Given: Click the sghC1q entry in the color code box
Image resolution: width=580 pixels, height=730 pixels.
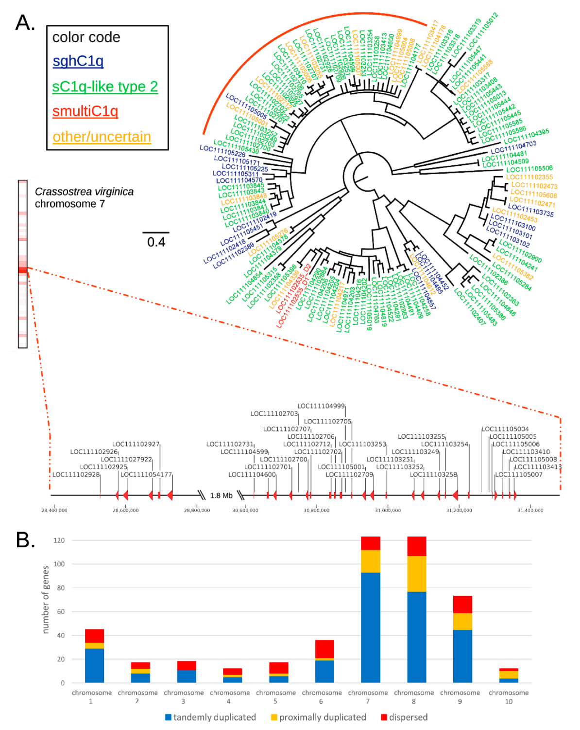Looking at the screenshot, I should [x=78, y=61].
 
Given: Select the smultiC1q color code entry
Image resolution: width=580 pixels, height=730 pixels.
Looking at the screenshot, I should [x=85, y=111].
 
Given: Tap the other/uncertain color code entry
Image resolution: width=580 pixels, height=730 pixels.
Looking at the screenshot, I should [x=102, y=137].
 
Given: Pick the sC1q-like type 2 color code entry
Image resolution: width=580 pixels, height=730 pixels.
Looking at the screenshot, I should [x=105, y=87].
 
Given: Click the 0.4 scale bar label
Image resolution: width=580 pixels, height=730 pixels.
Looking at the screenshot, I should [x=156, y=242].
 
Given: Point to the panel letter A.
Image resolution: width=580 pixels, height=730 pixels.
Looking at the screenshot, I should [x=25, y=23].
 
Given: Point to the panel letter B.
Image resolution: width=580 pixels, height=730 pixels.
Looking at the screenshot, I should [x=25, y=540].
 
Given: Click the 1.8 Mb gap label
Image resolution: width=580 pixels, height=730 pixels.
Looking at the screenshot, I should [x=221, y=496].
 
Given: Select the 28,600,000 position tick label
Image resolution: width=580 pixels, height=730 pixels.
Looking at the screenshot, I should [x=125, y=510].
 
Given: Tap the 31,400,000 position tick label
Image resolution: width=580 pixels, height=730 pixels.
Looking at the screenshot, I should [x=530, y=510].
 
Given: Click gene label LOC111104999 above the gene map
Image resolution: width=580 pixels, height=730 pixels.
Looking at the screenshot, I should [x=321, y=406].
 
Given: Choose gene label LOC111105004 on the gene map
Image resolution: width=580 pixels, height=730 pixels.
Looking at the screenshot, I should [x=505, y=429].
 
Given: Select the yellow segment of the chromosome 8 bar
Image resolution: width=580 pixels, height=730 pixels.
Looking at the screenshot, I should [x=416, y=573].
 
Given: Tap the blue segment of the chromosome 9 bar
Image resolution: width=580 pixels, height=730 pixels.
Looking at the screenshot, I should [x=462, y=656].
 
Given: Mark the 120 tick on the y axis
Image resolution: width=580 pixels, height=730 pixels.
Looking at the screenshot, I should [x=59, y=540].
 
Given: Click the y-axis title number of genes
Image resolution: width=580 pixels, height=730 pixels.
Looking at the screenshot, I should [x=46, y=599].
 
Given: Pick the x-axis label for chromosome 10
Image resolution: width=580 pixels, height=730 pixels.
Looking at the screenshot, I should [x=508, y=697].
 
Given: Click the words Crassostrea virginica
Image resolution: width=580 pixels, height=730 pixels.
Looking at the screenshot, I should [x=84, y=192].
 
